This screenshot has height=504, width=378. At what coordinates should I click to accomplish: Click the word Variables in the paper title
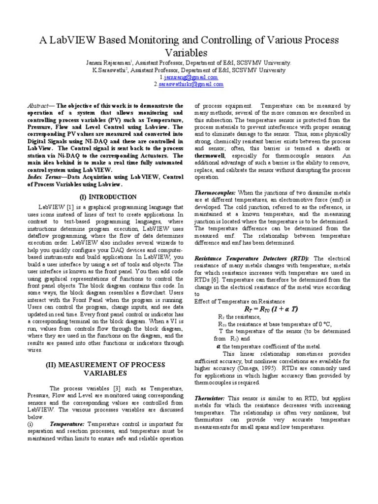click(x=189, y=53)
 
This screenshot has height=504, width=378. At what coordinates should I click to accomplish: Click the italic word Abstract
click(x=39, y=106)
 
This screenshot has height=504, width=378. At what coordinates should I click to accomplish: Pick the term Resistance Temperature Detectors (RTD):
click(x=252, y=258)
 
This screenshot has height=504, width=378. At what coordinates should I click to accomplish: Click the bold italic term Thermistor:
click(x=210, y=397)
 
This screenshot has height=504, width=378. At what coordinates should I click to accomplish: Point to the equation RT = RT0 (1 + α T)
click(x=271, y=309)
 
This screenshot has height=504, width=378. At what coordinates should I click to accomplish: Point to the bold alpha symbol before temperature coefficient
click(x=218, y=346)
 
